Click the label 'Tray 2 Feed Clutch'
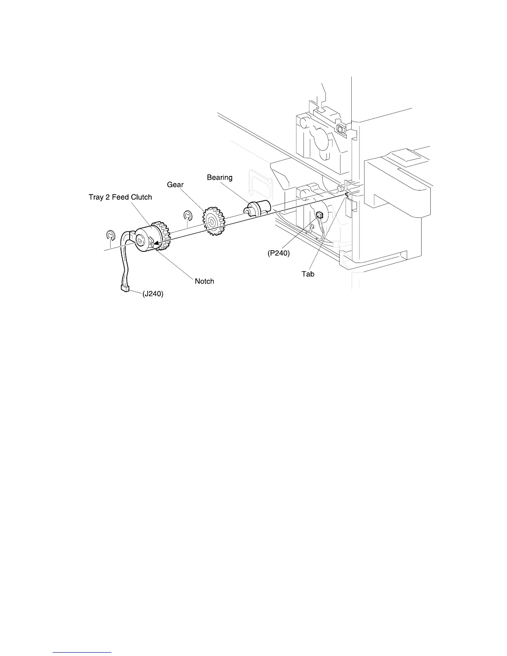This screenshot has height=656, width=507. [120, 197]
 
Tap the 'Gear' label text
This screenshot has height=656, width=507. [175, 185]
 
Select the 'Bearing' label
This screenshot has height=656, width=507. [220, 178]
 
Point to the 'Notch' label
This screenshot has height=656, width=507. [204, 281]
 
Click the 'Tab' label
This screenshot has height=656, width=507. [308, 274]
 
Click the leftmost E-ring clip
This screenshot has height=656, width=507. [110, 236]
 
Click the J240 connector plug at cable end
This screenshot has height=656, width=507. [123, 288]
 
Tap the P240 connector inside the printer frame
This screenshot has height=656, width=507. [319, 215]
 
